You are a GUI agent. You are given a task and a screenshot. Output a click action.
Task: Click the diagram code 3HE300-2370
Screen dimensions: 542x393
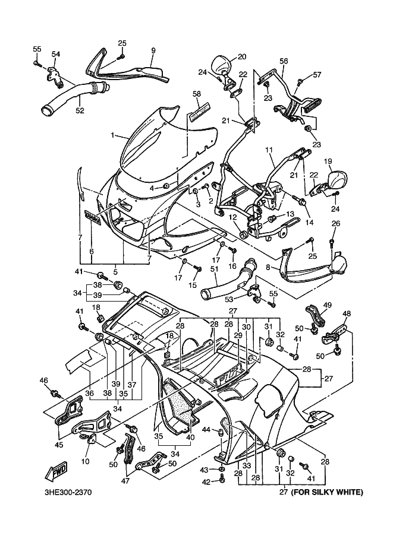coord(68,492)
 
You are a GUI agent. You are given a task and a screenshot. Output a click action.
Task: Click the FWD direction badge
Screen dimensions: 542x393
coord(56,471)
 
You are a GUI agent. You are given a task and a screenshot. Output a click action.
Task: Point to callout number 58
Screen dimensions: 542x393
coord(197,94)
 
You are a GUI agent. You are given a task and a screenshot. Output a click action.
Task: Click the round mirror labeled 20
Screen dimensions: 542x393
coord(221,64)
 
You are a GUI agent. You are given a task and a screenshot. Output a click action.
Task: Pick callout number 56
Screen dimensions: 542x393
coord(284,61)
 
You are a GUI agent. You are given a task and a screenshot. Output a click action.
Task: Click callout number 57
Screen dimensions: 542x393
coord(317,75)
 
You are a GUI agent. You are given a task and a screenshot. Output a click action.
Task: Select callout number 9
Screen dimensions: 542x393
coord(153,51)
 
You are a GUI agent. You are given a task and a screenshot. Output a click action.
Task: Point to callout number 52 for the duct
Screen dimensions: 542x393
coord(79,110)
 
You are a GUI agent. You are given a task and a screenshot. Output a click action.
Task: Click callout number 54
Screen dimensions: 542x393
coord(55,55)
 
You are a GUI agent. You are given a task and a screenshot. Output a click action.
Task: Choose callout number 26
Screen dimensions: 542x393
coord(335,224)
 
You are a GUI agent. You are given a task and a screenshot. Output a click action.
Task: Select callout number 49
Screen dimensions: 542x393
coord(326,306)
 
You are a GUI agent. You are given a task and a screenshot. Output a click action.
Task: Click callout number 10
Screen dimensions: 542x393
coord(85,462)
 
